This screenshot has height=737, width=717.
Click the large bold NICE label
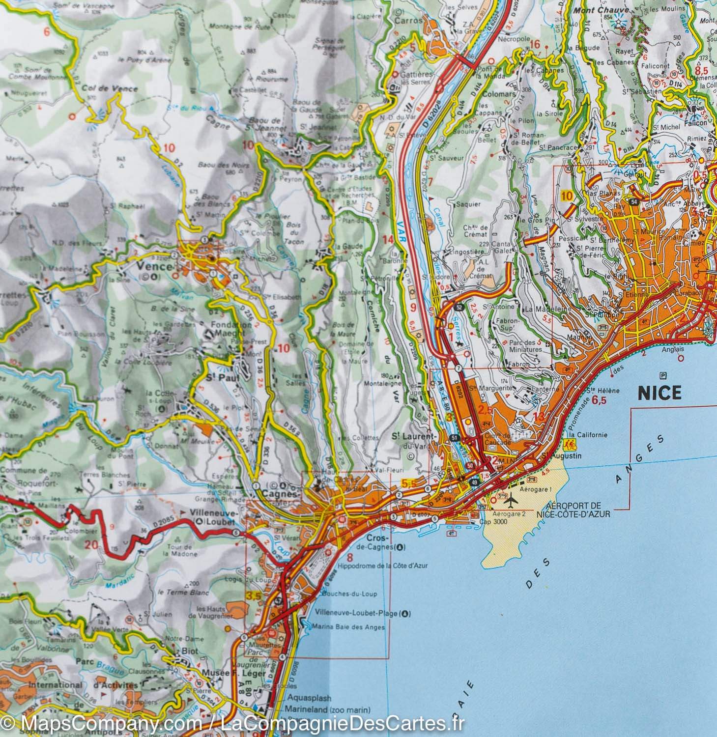tap(660, 393)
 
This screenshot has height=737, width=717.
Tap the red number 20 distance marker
tap(91, 544)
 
